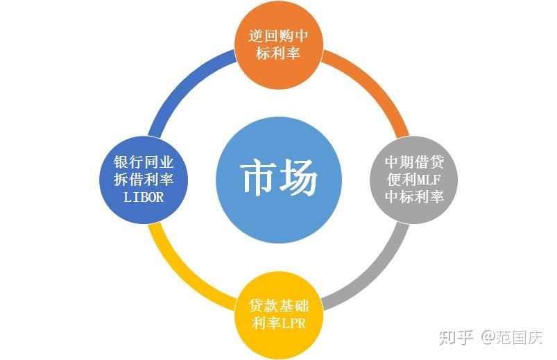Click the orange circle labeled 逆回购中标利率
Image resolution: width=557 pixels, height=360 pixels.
[x=278, y=43]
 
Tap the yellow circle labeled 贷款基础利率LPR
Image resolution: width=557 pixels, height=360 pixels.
[x=278, y=316]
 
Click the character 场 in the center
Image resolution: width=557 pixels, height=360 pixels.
[x=299, y=180]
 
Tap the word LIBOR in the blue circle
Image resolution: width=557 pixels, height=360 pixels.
[x=144, y=197]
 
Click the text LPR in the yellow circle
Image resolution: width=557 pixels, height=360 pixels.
[x=293, y=324]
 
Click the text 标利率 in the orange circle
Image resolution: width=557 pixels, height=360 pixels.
[x=278, y=53]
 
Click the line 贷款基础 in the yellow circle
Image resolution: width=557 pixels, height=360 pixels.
[x=278, y=307]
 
